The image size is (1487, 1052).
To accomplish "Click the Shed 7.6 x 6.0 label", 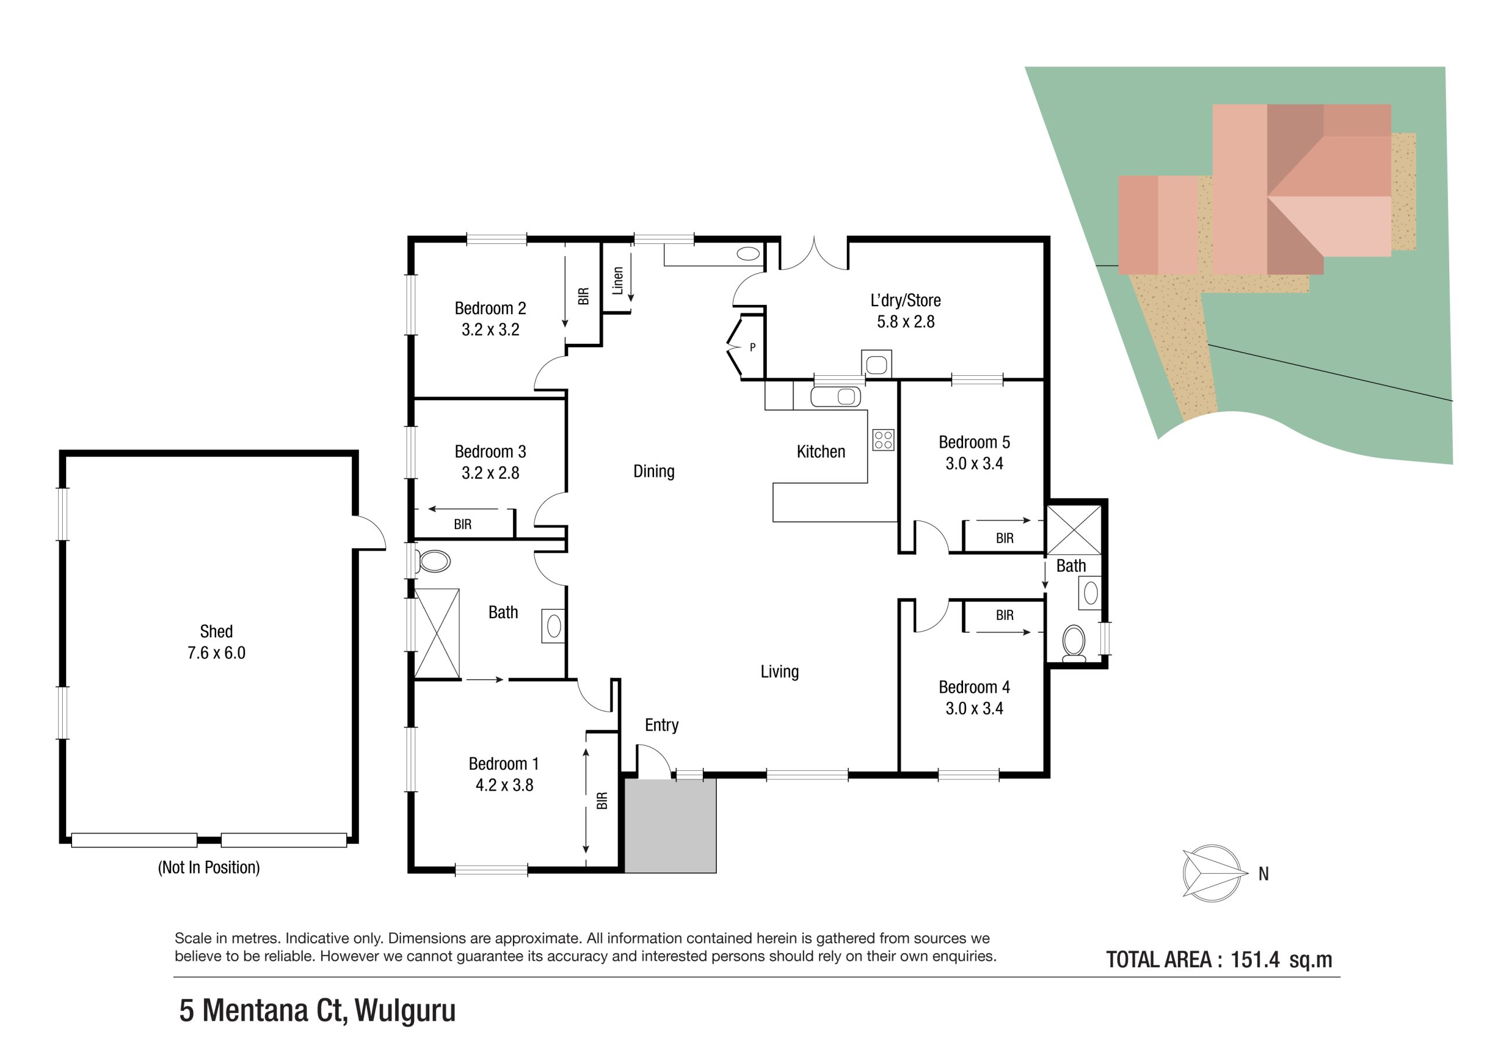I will pyautogui.click(x=216, y=642).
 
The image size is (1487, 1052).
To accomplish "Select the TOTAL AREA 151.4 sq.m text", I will pyautogui.click(x=1219, y=960).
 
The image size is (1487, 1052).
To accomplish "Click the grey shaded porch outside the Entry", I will pyautogui.click(x=670, y=826).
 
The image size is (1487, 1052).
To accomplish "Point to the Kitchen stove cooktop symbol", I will pyautogui.click(x=883, y=440).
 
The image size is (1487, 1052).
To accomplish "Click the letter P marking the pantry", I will pyautogui.click(x=753, y=347).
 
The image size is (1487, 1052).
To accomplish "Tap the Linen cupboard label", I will pyautogui.click(x=618, y=281).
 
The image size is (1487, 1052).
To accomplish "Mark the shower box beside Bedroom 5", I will pyautogui.click(x=1074, y=530).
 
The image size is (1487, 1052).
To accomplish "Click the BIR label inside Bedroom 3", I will pyautogui.click(x=462, y=524).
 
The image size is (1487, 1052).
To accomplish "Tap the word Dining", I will pyautogui.click(x=653, y=471).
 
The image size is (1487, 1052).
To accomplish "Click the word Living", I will pyautogui.click(x=779, y=671).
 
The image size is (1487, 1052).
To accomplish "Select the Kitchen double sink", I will pyautogui.click(x=835, y=396).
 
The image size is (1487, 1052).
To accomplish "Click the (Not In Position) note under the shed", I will pyautogui.click(x=209, y=867).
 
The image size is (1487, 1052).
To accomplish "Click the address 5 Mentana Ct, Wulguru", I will pyautogui.click(x=317, y=1011).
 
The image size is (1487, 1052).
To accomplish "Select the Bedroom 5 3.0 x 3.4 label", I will pyautogui.click(x=974, y=452).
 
